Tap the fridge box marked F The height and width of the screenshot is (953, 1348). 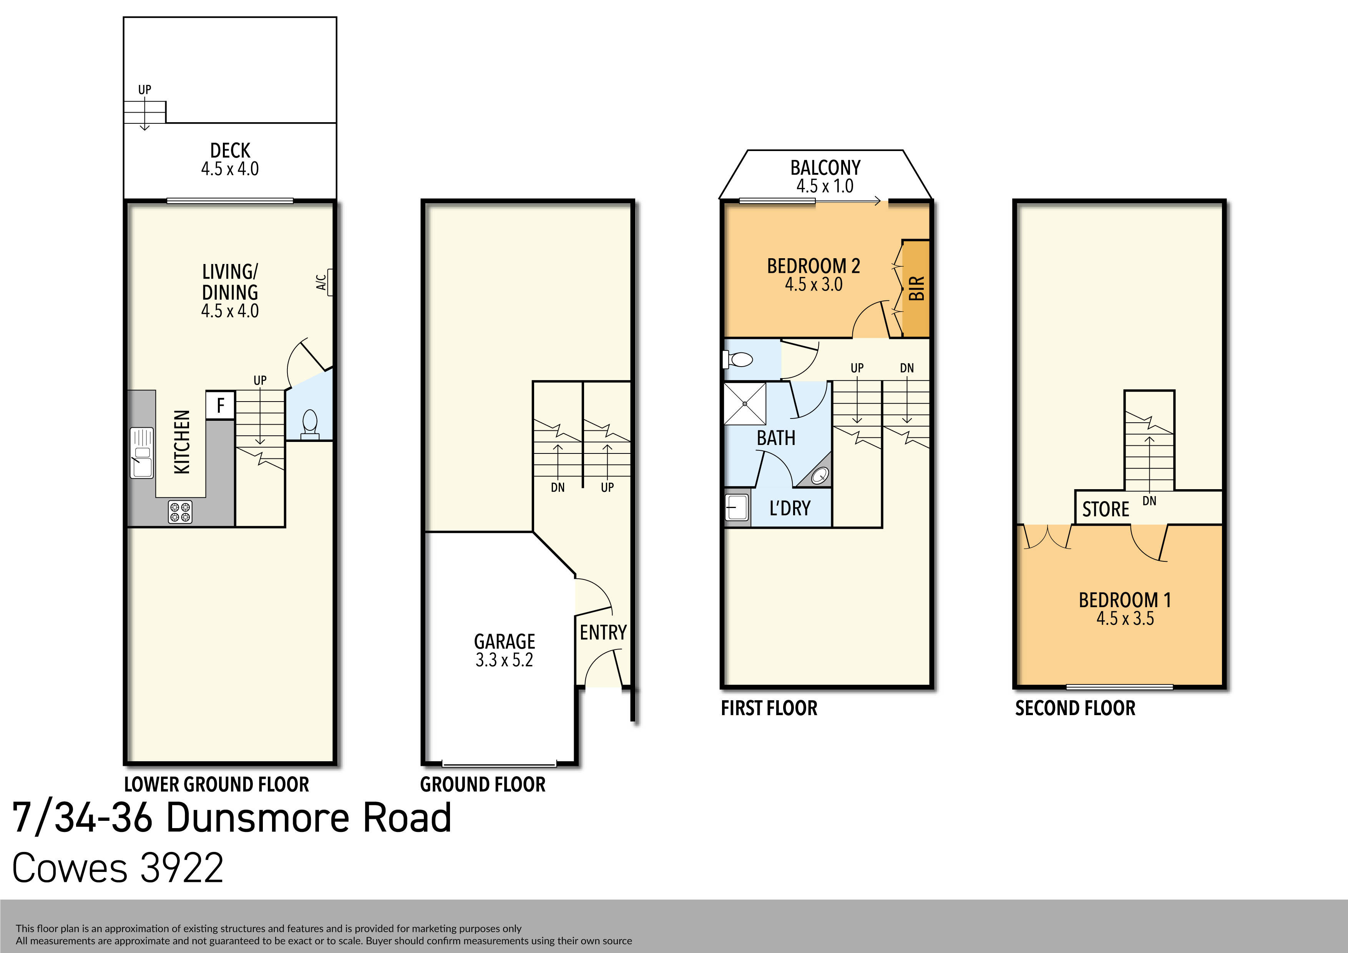pyautogui.click(x=220, y=405)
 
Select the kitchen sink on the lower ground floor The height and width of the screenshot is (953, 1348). pyautogui.click(x=141, y=453)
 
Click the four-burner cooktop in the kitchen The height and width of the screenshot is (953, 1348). pyautogui.click(x=180, y=511)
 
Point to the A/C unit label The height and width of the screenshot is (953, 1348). pyautogui.click(x=321, y=282)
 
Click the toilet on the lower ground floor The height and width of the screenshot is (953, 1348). pyautogui.click(x=309, y=424)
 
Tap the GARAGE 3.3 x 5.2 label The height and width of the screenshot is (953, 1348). pyautogui.click(x=504, y=650)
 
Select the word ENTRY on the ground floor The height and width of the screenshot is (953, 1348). pyautogui.click(x=603, y=633)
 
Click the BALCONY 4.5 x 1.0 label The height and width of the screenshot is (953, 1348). pyautogui.click(x=825, y=176)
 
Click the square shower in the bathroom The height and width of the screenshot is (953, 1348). pyautogui.click(x=744, y=403)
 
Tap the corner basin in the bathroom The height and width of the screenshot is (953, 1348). pyautogui.click(x=820, y=475)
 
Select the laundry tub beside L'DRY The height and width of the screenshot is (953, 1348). pyautogui.click(x=737, y=507)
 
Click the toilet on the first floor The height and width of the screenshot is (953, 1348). pyautogui.click(x=739, y=359)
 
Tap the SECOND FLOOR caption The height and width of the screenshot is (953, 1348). pyautogui.click(x=1075, y=708)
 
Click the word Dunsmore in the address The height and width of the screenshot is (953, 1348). pyautogui.click(x=309, y=818)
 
